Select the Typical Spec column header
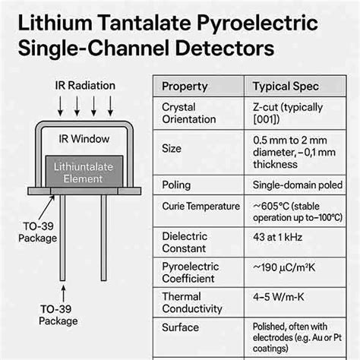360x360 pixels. (x=286, y=86)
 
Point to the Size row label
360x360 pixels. (x=172, y=149)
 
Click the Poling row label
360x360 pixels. (x=176, y=185)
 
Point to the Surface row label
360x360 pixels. (x=181, y=329)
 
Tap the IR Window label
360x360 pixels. (x=84, y=139)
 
